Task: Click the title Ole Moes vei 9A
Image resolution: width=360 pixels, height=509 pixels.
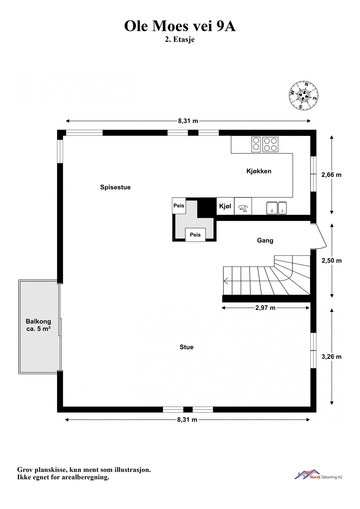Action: coord(180,27)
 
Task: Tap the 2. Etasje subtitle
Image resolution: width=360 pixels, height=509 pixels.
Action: coord(180,40)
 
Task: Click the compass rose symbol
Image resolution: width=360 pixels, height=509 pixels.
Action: coord(303,95)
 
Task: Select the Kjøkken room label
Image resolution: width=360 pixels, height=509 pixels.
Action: coord(259,171)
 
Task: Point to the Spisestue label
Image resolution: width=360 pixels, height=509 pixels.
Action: coord(115,187)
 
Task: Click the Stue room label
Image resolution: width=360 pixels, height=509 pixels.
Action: coord(187,347)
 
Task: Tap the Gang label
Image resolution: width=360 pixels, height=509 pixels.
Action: coord(265,240)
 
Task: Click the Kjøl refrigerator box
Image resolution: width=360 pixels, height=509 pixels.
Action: coord(225,206)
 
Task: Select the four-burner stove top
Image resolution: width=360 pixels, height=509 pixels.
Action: coord(270,144)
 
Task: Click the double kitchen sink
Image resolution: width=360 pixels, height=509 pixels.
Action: coord(276,208)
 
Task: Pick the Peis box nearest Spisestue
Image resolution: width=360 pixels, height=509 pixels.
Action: coord(179,206)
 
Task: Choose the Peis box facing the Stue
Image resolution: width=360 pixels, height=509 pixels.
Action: coord(195,235)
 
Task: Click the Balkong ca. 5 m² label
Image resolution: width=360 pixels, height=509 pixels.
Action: coord(38,325)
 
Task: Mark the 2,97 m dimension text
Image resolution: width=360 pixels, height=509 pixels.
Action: coord(265,308)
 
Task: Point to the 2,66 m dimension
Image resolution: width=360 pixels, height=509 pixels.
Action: coord(331,175)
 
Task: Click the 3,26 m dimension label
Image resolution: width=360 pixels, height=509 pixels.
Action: coord(331,357)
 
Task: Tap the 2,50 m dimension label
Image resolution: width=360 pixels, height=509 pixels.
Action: coord(331,260)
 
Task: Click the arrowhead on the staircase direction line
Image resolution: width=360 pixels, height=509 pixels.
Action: coord(226,281)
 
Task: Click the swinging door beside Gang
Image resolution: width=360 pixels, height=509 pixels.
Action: coord(320,236)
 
